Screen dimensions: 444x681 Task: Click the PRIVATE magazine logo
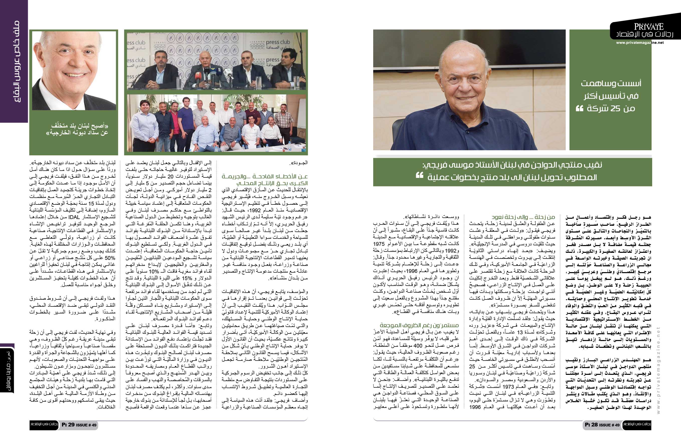coord(649,27)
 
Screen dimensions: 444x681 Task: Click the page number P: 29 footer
coord(79,425)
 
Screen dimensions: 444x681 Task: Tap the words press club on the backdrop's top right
coord(277,42)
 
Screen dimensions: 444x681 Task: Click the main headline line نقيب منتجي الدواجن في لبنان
coord(512,165)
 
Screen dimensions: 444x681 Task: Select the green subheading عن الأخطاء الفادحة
coord(265,179)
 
